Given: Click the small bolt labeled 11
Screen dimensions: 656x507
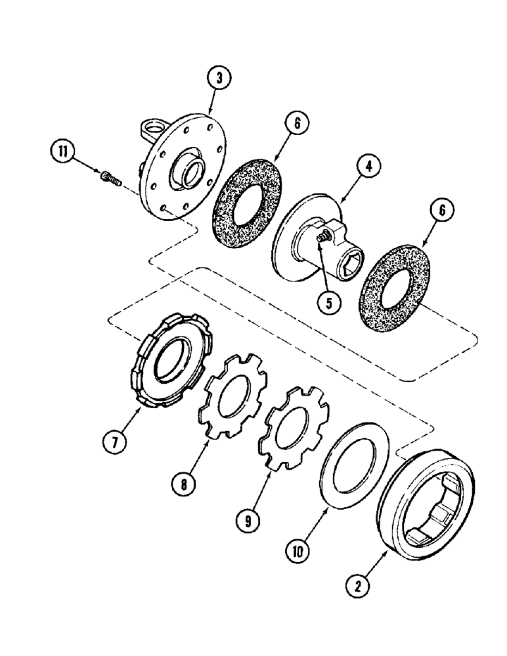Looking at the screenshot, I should tap(110, 176).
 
